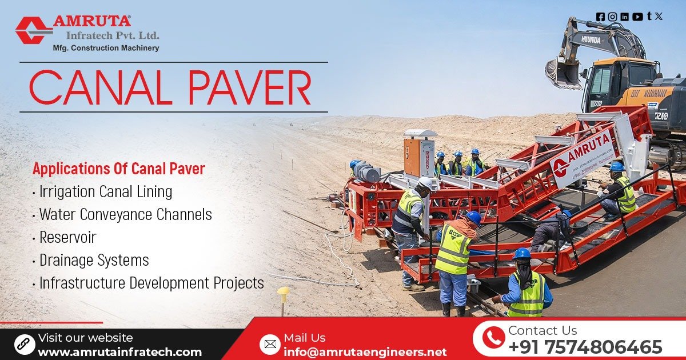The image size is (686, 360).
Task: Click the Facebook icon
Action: pyautogui.click(x=600, y=17)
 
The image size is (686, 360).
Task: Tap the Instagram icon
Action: pyautogui.click(x=612, y=17)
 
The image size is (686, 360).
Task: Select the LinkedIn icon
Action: pyautogui.click(x=624, y=17)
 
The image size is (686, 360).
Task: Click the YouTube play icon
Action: pyautogui.click(x=637, y=17)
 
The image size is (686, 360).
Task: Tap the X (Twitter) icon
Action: pyautogui.click(x=659, y=17)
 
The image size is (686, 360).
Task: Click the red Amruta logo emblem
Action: pyautogui.click(x=33, y=30)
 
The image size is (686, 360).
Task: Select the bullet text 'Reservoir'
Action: pyautogui.click(x=67, y=237)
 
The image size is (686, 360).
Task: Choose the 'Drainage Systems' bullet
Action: pyautogui.click(x=94, y=260)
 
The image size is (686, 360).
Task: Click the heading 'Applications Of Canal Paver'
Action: pyautogui.click(x=118, y=169)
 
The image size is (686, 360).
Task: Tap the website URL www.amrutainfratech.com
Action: pyautogui.click(x=119, y=352)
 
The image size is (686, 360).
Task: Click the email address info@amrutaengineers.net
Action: pyautogui.click(x=365, y=352)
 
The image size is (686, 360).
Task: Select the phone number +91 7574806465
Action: pyautogui.click(x=585, y=347)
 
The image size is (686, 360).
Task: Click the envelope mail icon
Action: pyautogui.click(x=269, y=344)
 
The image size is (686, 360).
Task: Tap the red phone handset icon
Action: pyautogui.click(x=493, y=338)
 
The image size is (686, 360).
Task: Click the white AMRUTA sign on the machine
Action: pyautogui.click(x=583, y=157)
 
